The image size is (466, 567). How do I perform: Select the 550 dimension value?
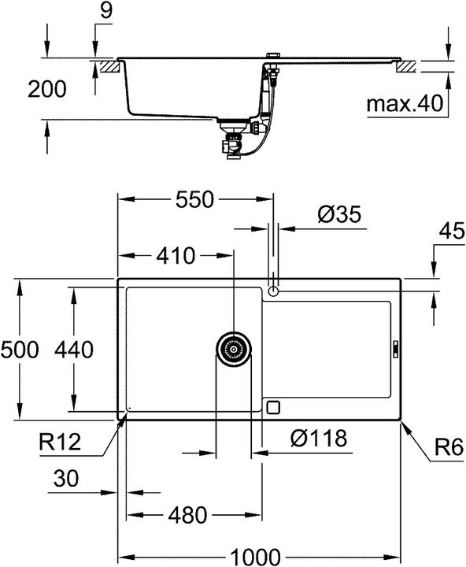pyautogui.click(x=194, y=200)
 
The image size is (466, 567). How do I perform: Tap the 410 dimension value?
pyautogui.click(x=174, y=256)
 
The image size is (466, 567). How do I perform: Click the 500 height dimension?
pyautogui.click(x=20, y=349)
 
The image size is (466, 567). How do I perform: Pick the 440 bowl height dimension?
pyautogui.click(x=74, y=349)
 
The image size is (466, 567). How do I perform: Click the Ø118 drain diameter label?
pyautogui.click(x=317, y=438)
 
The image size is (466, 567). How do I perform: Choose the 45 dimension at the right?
pyautogui.click(x=450, y=233)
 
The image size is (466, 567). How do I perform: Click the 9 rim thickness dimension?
pyautogui.click(x=107, y=11)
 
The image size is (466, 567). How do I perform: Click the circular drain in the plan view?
pyautogui.click(x=234, y=347)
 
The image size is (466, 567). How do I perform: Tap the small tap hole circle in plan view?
pyautogui.click(x=273, y=291)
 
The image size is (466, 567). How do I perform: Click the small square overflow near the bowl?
pyautogui.click(x=273, y=406)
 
